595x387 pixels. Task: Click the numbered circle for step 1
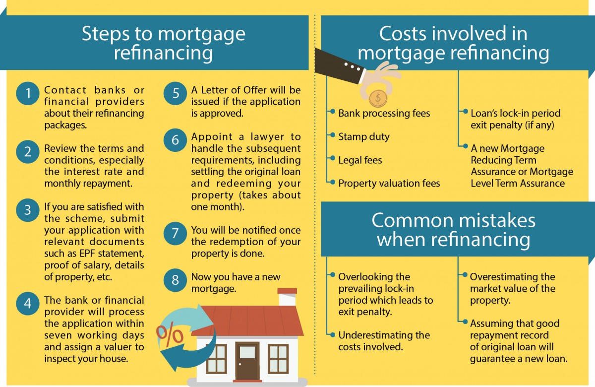click(x=28, y=93)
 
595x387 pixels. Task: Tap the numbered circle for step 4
click(x=28, y=304)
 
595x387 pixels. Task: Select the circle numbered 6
click(x=175, y=140)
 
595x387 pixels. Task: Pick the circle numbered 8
click(x=175, y=280)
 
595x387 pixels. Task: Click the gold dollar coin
click(x=378, y=98)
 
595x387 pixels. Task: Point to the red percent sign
click(x=170, y=334)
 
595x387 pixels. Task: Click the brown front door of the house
click(x=247, y=362)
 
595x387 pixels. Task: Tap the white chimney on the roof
click(x=287, y=297)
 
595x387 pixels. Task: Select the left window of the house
click(x=217, y=359)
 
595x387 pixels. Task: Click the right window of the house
click(x=278, y=359)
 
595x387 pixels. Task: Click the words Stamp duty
click(x=364, y=137)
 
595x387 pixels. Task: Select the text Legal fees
click(x=360, y=160)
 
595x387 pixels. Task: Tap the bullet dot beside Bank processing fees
click(x=332, y=111)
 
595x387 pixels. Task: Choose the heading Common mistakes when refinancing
click(x=453, y=230)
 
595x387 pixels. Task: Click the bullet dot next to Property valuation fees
click(x=332, y=182)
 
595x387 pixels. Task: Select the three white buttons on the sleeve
click(x=352, y=66)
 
